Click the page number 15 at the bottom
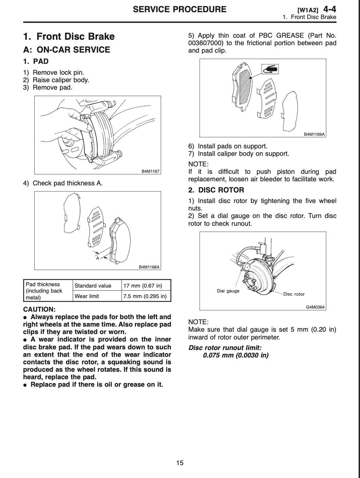click(x=180, y=462)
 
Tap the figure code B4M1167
click(x=150, y=171)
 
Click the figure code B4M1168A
click(x=149, y=267)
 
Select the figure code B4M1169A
click(x=314, y=134)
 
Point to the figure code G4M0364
click(x=316, y=307)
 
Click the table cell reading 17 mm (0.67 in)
click(x=143, y=286)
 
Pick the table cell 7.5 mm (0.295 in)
click(x=145, y=296)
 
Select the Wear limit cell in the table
click(x=87, y=296)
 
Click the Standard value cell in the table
click(x=93, y=286)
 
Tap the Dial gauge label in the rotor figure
click(x=228, y=291)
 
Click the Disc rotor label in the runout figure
click(x=294, y=294)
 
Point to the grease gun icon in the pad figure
click(x=270, y=70)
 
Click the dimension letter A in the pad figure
click(x=97, y=258)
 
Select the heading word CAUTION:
click(x=39, y=309)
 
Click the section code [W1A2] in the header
click(x=308, y=10)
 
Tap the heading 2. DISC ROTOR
click(x=216, y=190)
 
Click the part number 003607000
click(x=205, y=43)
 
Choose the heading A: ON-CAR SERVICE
click(x=67, y=50)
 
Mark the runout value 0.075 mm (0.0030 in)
click(x=236, y=355)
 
